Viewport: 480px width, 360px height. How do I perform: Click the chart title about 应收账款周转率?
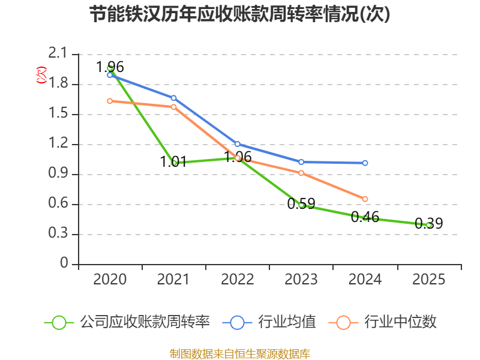[x=240, y=14]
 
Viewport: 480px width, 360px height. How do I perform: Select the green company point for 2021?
[x=174, y=163]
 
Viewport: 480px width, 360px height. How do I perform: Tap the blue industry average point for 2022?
[x=238, y=144]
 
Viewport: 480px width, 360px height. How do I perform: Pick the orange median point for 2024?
[x=365, y=199]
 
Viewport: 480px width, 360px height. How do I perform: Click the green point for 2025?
[x=429, y=225]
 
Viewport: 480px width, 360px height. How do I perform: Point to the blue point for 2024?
[x=365, y=163]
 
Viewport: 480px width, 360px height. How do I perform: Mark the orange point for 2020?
[x=110, y=101]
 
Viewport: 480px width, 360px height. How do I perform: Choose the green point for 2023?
[x=301, y=205]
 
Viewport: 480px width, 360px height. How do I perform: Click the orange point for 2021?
[x=174, y=107]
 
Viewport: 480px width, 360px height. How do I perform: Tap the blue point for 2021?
[x=174, y=98]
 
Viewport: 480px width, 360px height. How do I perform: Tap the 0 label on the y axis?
[x=65, y=264]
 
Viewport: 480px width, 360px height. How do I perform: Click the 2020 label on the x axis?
[x=110, y=280]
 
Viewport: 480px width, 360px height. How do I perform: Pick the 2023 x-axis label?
[x=301, y=280]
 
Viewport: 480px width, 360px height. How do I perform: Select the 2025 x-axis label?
[x=429, y=280]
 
